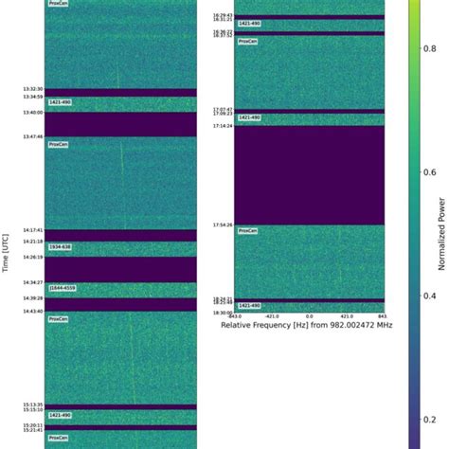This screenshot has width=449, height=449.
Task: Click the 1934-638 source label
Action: tap(61, 247)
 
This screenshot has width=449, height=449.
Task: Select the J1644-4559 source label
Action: tap(63, 288)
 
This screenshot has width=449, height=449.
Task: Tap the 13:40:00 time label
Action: tap(31, 113)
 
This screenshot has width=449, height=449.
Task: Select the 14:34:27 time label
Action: tap(31, 282)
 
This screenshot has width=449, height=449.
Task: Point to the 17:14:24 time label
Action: tap(222, 125)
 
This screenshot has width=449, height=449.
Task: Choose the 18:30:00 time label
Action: tap(222, 313)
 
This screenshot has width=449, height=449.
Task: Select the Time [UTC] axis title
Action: tap(7, 250)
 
